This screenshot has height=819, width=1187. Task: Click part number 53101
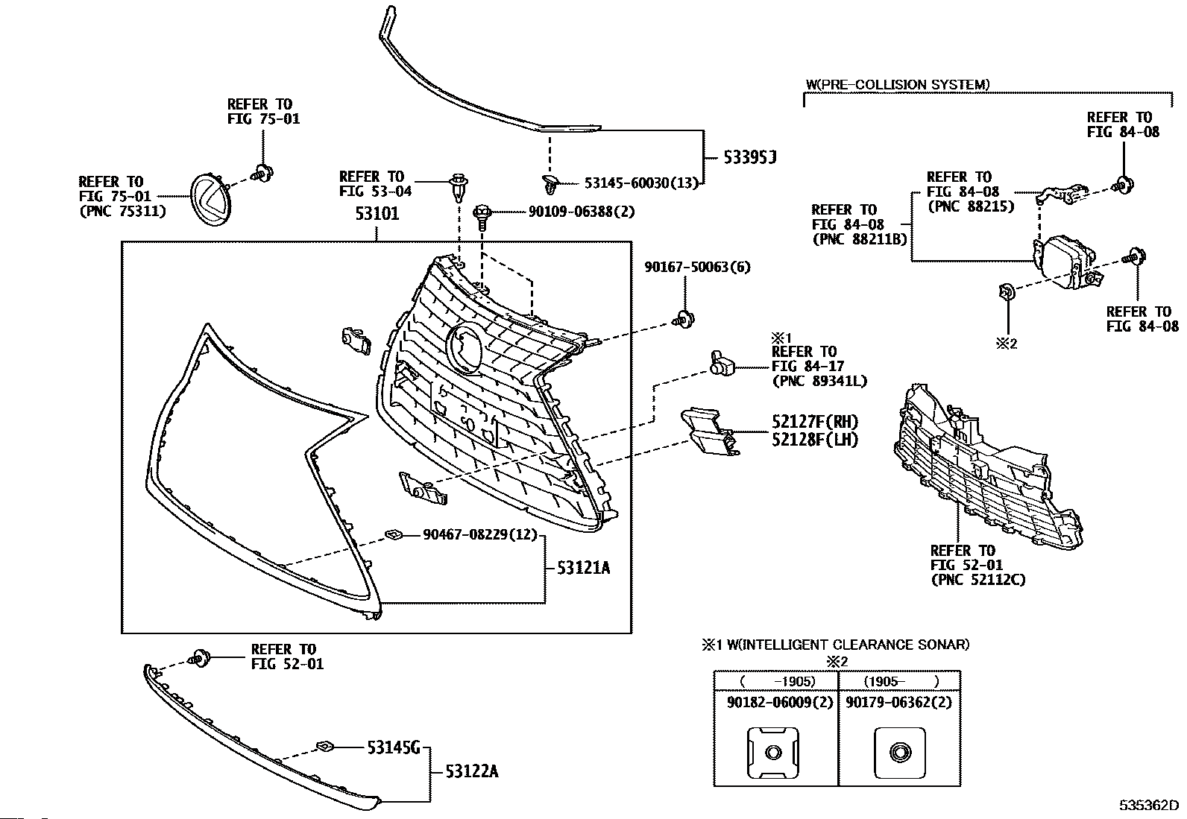[377, 214]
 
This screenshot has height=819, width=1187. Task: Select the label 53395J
[750, 157]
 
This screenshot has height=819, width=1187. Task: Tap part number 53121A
[582, 568]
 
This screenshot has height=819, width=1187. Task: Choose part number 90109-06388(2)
[581, 212]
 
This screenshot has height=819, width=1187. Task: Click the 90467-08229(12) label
[479, 534]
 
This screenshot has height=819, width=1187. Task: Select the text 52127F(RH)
[815, 423]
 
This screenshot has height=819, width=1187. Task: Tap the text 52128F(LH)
[815, 440]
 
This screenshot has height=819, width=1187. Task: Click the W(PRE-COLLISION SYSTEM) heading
[898, 84]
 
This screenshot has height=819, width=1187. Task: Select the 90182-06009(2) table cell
[775, 702]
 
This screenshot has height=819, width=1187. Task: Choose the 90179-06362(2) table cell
[899, 702]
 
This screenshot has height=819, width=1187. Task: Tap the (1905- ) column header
[899, 681]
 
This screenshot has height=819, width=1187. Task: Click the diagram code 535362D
[1147, 806]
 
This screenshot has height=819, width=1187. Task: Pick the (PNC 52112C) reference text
[977, 579]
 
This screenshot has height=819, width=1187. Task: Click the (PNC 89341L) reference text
[819, 381]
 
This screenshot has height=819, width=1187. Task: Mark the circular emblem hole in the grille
[467, 347]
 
